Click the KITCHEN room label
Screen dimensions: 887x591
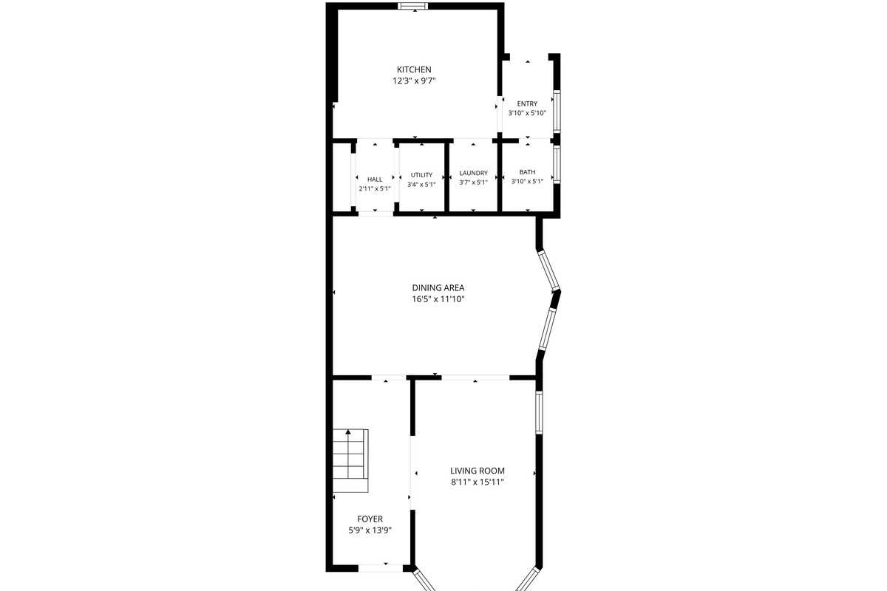(414, 69)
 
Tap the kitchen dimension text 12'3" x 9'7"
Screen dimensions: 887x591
(414, 81)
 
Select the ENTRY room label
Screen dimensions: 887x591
(527, 103)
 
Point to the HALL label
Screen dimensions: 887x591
(375, 180)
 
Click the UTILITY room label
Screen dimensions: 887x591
(421, 175)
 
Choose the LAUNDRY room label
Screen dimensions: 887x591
(473, 173)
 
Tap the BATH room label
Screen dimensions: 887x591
(527, 172)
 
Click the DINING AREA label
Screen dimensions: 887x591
(438, 288)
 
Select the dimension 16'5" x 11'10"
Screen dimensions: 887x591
(438, 299)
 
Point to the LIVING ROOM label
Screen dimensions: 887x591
(478, 471)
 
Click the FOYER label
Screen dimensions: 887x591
(370, 519)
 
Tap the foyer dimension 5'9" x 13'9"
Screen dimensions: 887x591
(370, 530)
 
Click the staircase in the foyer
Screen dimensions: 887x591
(350, 460)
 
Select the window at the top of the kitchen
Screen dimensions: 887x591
(413, 6)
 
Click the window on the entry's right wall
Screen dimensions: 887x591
(557, 112)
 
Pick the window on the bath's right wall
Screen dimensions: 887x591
(557, 164)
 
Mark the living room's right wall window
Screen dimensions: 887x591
(539, 412)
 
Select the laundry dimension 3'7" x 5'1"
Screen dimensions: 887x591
(473, 182)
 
